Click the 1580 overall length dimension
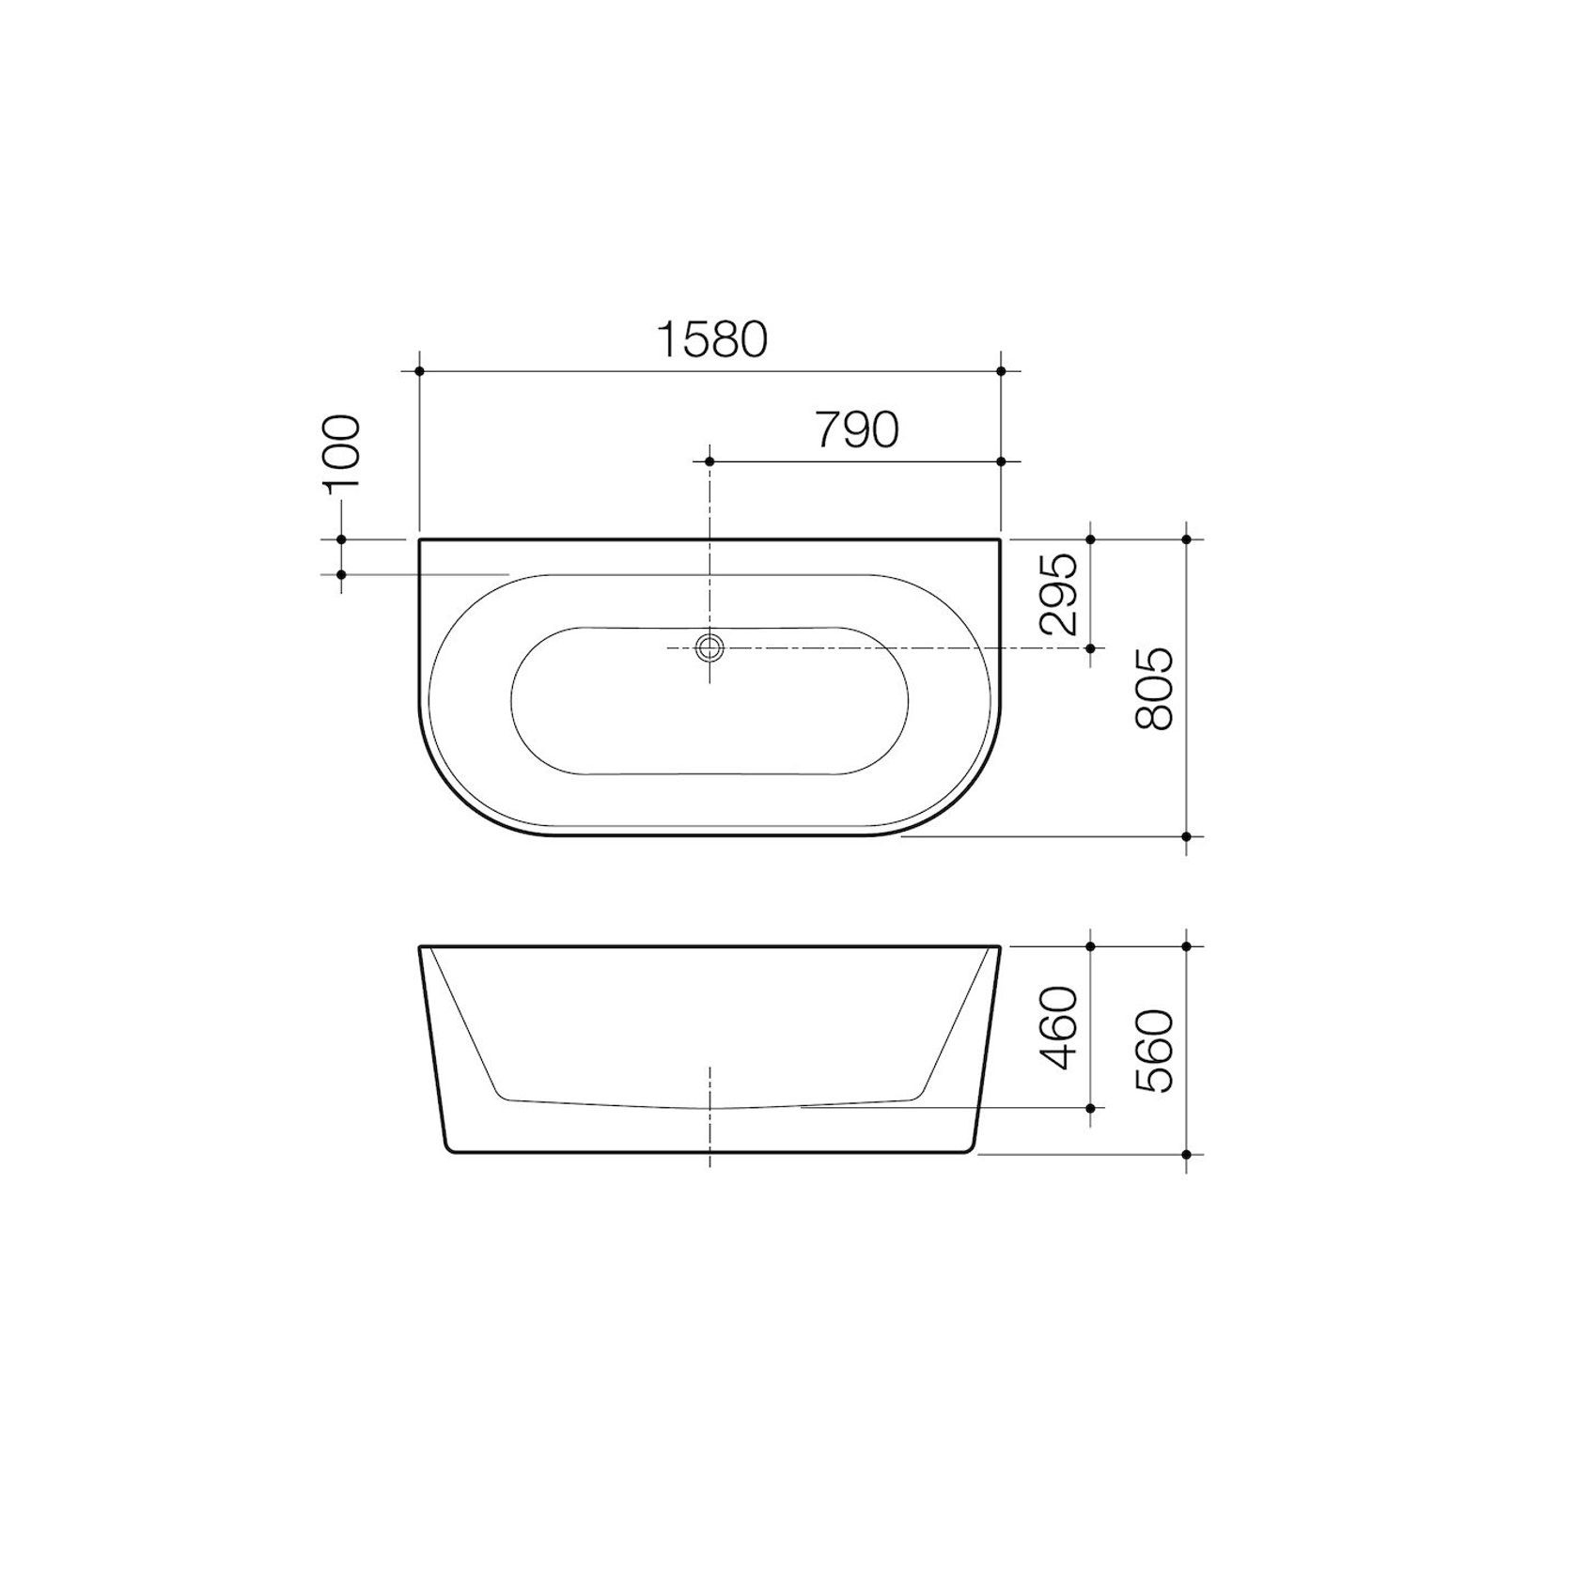coord(712,339)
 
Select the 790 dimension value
coord(856,430)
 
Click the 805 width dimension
coord(1155,688)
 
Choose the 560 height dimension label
coord(1155,1051)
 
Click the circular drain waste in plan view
coord(710,648)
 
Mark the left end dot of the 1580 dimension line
coord(419,371)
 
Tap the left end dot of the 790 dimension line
coord(710,461)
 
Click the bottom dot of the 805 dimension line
coord(1186,836)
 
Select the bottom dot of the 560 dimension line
coord(1186,1154)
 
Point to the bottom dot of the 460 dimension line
coord(1090,1109)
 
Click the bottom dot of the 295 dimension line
coord(1090,648)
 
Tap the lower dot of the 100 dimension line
coord(341,574)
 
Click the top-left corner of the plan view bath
coord(420,540)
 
